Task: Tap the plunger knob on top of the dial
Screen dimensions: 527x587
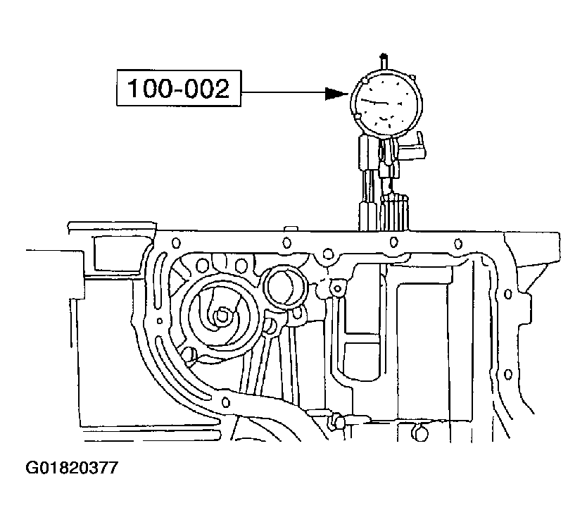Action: [384, 59]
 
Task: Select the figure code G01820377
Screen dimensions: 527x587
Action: [72, 468]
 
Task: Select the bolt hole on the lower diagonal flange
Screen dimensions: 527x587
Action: [225, 402]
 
